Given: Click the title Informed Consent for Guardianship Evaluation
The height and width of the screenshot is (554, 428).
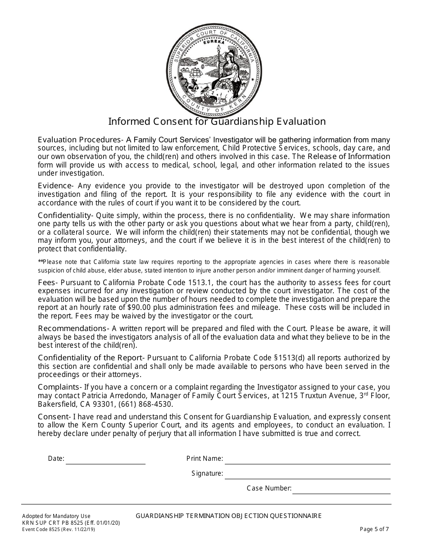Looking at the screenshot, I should tap(217, 122).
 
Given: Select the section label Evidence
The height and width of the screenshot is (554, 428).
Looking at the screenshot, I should tap(55, 186).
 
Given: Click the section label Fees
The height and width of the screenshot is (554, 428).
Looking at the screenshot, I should tap(46, 282).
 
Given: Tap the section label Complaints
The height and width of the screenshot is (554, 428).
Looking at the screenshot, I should tap(59, 387).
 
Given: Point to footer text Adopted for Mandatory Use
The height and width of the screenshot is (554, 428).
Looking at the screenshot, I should tap(56, 516).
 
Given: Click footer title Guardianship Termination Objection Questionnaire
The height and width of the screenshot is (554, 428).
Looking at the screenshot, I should tap(228, 516).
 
